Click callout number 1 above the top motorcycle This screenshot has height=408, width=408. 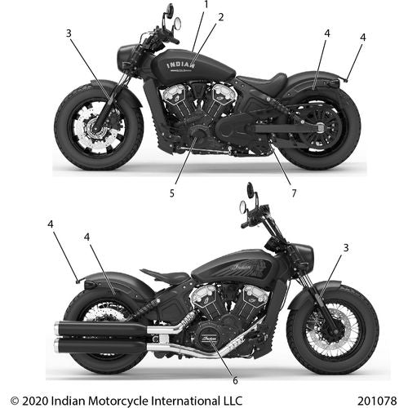pos(206,5)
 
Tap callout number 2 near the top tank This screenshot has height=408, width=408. pos(221,17)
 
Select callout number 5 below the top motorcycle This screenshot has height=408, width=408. pos(172,193)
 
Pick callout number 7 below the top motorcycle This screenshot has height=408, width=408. pos(294,193)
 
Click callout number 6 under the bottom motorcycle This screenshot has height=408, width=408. pos(235,380)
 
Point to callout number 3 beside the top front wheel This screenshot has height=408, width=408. pos(69,33)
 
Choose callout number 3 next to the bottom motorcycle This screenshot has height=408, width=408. pos(346,248)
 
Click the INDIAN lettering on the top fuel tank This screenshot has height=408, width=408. pos(180,65)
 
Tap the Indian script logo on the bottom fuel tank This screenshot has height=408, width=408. pos(242,267)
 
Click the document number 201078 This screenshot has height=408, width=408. pos(377,401)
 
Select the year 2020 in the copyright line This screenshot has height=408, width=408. pos(35,401)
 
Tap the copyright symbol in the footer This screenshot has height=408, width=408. pos(15,401)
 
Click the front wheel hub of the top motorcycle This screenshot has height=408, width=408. pos(96,128)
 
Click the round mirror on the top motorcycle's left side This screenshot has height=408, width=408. pos(177,24)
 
